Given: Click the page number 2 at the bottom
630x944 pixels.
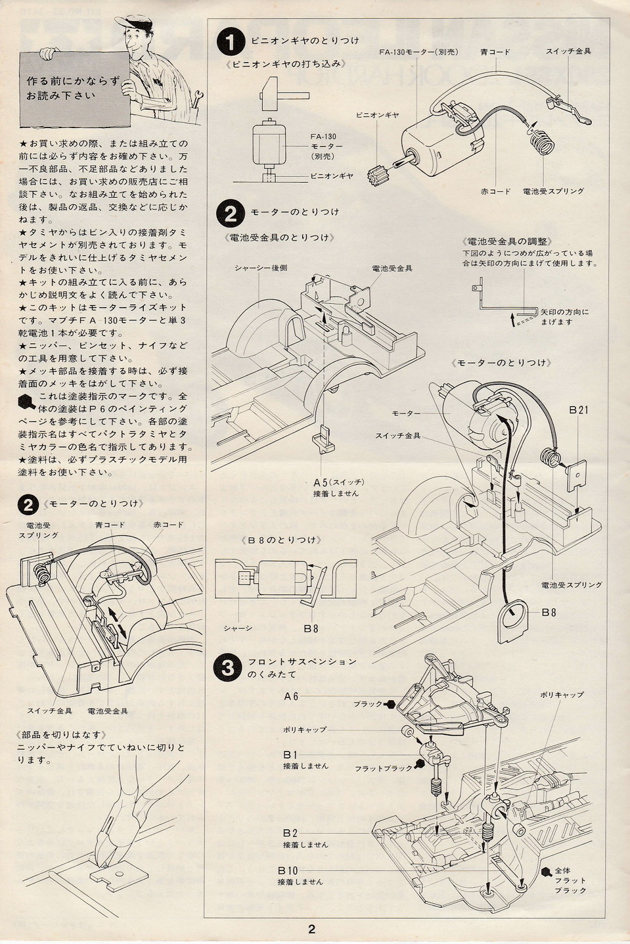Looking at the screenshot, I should point(311,929).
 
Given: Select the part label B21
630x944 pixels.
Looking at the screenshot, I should point(579,410).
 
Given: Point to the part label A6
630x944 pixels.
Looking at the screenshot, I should point(291,696).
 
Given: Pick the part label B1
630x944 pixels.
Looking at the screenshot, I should point(290,755).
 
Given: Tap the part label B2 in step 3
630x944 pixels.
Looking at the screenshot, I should point(290,833).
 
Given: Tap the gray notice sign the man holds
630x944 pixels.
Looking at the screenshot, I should point(74,89).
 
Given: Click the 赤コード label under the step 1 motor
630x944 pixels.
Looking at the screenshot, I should point(495,191).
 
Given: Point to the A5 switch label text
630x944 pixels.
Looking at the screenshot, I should point(338,482).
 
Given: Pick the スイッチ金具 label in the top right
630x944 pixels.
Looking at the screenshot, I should point(568,51).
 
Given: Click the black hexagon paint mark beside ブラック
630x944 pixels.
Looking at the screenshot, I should point(391,704).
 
